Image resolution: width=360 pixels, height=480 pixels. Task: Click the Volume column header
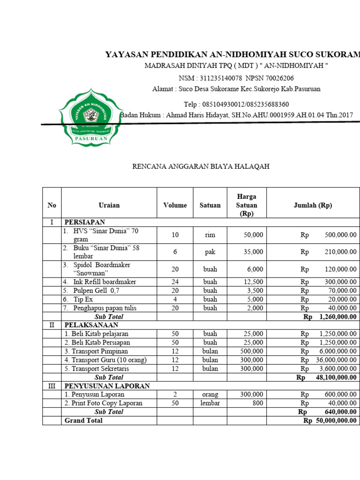pos(175,205)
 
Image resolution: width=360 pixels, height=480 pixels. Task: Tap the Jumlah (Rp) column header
pos(313,205)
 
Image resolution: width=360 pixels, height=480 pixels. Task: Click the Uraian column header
pos(109,205)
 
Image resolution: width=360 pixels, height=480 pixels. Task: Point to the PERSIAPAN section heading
pos(85,222)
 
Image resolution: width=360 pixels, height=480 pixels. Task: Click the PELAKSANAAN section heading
pos(91,325)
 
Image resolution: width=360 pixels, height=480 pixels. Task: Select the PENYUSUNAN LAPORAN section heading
pos(107,386)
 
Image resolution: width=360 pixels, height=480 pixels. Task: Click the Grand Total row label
pos(83,420)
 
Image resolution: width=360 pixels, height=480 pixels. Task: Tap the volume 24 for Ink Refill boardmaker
pos(175,282)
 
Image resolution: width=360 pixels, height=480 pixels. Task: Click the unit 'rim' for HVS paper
pos(210,235)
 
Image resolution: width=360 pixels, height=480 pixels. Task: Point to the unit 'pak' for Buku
pos(210,252)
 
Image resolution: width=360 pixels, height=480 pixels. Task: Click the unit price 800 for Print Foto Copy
pos(257,403)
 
